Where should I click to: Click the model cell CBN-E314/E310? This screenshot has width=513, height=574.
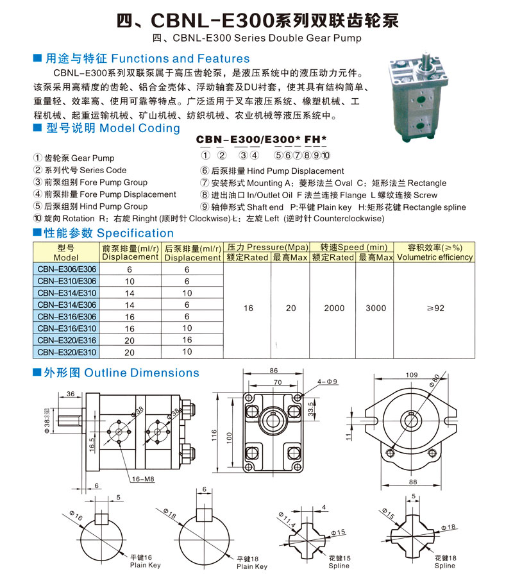(x=67, y=293)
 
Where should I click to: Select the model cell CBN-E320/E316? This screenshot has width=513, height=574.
(x=67, y=340)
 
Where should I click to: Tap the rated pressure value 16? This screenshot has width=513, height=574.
(x=248, y=308)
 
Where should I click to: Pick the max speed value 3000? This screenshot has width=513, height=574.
(x=376, y=308)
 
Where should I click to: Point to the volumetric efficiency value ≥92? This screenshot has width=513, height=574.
(x=435, y=308)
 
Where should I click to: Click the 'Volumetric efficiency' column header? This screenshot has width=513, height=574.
(x=435, y=257)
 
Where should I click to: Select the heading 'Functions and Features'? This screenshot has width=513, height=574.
(x=180, y=58)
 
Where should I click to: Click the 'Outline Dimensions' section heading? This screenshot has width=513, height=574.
(x=142, y=373)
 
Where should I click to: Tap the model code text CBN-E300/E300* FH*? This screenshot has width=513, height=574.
(x=261, y=139)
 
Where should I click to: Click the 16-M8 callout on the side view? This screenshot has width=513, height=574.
(x=143, y=479)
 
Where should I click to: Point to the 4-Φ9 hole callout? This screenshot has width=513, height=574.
(x=327, y=382)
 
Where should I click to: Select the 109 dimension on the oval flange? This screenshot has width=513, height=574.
(x=412, y=375)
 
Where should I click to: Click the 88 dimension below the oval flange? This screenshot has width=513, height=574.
(x=413, y=482)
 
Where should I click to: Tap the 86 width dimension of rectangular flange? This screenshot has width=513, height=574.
(x=274, y=371)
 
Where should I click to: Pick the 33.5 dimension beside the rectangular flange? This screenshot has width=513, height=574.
(x=310, y=409)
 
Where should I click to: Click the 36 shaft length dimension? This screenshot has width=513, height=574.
(x=71, y=394)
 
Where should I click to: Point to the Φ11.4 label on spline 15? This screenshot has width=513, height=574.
(x=287, y=519)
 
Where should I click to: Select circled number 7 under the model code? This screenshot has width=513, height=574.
(x=297, y=155)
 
